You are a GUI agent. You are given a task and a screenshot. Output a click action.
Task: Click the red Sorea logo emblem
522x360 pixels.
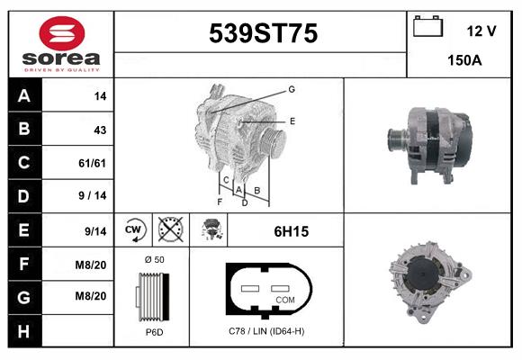tap(62, 33)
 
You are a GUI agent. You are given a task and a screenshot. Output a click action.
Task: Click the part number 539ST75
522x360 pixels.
tap(263, 33)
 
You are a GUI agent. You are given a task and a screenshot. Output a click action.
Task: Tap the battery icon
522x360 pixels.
tap(427, 26)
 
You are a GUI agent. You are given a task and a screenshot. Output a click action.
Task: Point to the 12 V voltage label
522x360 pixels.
tap(481, 31)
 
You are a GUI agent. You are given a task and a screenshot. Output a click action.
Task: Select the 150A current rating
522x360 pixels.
tap(464, 60)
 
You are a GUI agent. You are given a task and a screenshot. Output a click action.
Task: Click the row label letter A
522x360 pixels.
tap(24, 96)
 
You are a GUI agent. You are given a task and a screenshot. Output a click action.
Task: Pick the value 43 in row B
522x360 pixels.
tap(100, 130)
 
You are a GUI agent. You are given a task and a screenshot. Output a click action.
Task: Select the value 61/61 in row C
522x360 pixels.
tap(92, 163)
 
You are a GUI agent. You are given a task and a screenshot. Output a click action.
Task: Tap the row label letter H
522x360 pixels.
tap(24, 331)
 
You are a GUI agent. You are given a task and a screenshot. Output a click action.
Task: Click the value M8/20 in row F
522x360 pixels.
tap(91, 265)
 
